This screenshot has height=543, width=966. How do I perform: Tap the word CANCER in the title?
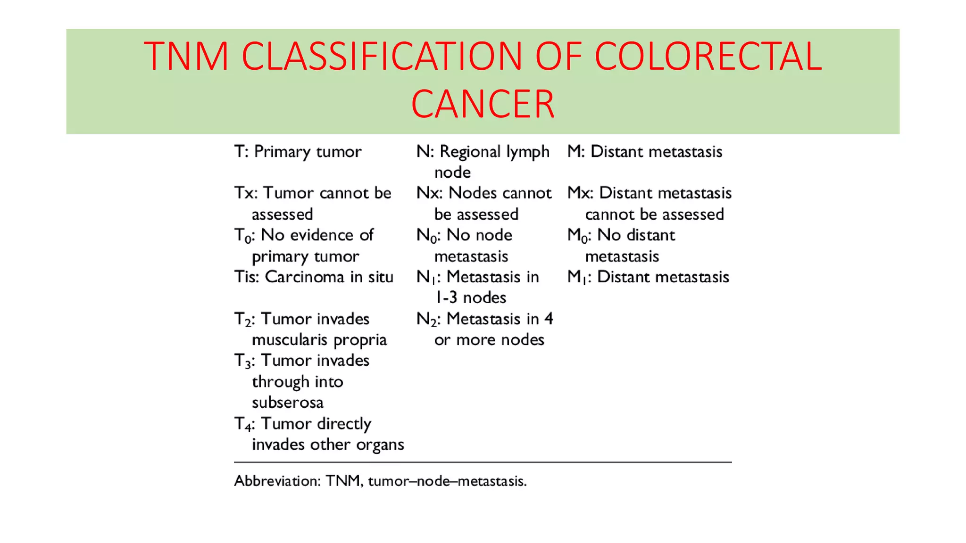[483, 104]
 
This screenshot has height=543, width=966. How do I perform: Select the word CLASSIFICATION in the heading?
[382, 56]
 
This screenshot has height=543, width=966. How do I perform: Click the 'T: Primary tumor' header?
[298, 152]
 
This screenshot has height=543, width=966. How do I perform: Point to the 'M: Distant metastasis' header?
[644, 152]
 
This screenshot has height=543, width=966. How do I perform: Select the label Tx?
[245, 193]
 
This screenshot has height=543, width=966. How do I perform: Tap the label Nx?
[429, 193]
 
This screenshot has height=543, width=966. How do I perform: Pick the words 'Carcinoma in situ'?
[329, 277]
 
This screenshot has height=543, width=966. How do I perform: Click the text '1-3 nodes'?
[470, 298]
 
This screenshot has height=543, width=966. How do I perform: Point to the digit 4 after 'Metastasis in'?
[548, 319]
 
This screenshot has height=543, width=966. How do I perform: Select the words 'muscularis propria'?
[319, 340]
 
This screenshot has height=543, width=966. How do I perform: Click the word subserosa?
[288, 403]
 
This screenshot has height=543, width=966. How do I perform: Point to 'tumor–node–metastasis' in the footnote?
[447, 481]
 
